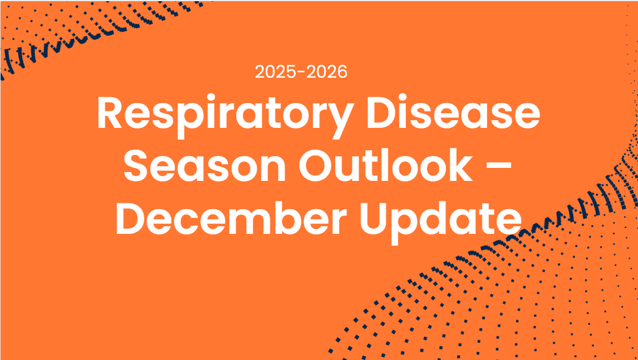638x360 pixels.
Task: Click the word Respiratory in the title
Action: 224,116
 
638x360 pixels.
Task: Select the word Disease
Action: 453,111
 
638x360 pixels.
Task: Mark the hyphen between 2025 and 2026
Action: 302,73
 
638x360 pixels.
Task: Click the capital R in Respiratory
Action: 111,112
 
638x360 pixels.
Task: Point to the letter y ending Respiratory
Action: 338,121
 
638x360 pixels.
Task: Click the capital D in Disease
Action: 381,112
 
